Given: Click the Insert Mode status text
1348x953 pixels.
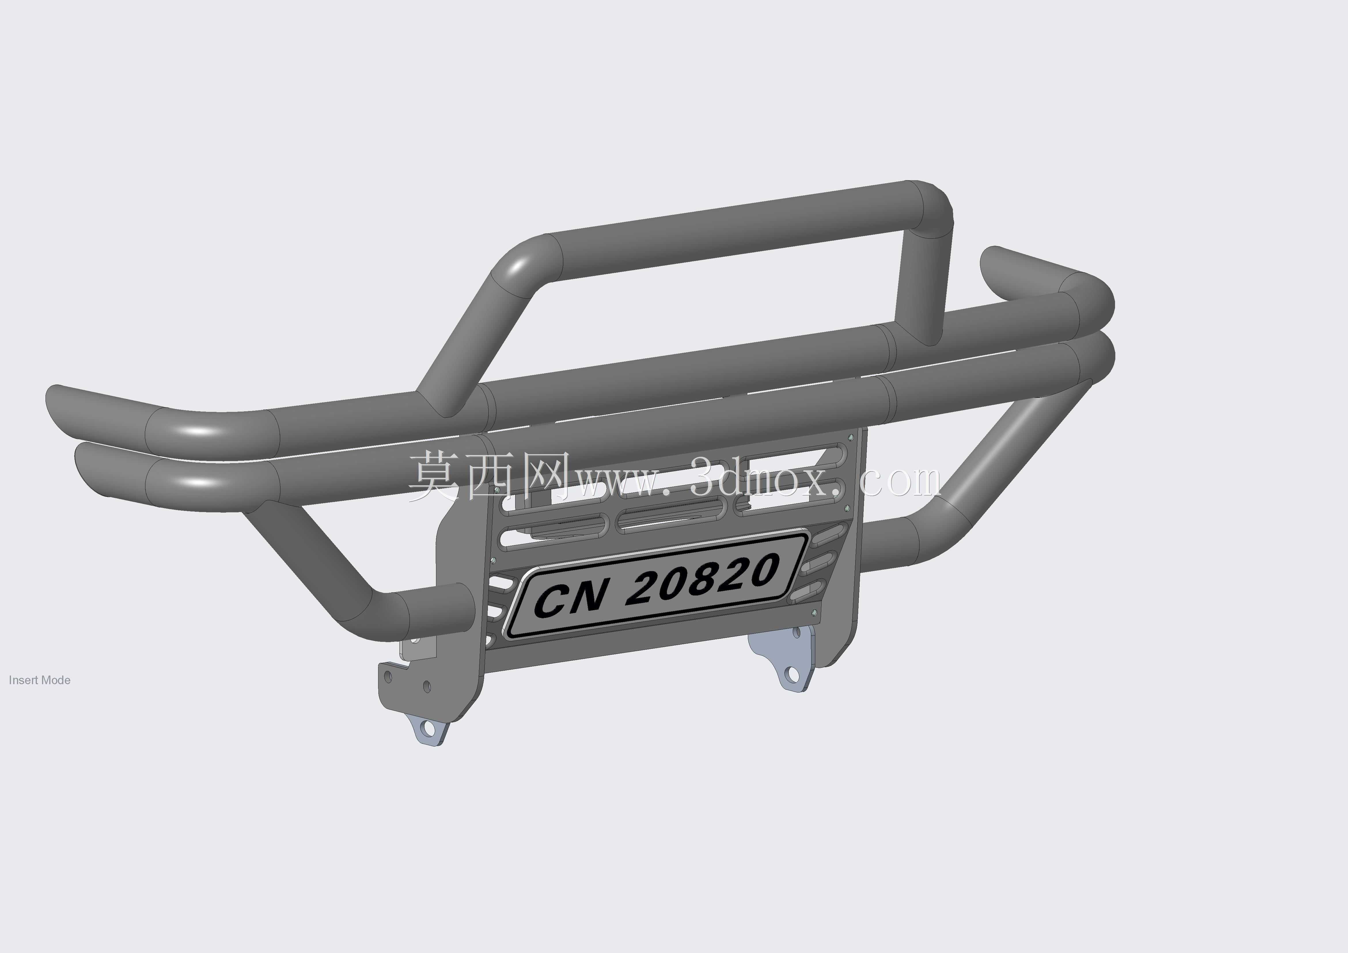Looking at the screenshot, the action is pos(39,680).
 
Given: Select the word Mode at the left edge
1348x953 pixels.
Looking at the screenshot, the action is pos(56,680).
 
